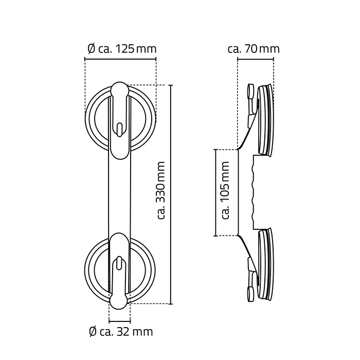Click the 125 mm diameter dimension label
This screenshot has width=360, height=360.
pos(122,49)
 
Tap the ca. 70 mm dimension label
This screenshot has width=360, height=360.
pos(254,49)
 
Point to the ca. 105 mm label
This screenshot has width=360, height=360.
pos(225,190)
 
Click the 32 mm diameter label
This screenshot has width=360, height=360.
pos(121,332)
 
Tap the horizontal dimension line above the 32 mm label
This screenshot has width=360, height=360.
pos(120,321)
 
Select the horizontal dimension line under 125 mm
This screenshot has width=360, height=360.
pos(120,59)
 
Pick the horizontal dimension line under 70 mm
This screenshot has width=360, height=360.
pos(256,59)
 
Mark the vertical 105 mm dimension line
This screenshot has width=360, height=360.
pos(215,193)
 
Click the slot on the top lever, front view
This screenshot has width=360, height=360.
pos(119,130)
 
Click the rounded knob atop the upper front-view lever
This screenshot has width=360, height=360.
pos(119,89)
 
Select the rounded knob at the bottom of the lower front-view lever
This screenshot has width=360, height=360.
pos(119,300)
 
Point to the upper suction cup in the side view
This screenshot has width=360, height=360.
pos(266,119)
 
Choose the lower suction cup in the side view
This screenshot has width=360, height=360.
pos(266,264)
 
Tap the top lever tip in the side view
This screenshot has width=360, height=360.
pos(250,92)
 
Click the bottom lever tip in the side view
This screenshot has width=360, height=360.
pos(250,294)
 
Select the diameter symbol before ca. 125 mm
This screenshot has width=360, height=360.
pos(92,49)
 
